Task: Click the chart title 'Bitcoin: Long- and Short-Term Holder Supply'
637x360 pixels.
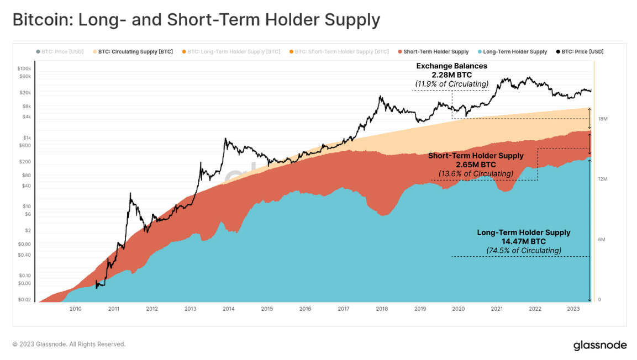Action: tap(196, 20)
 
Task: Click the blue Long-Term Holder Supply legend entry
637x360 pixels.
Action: tap(514, 52)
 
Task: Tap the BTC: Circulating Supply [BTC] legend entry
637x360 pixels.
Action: tap(135, 52)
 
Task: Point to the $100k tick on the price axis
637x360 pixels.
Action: tap(24, 68)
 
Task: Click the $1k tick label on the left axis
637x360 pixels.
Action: tap(27, 137)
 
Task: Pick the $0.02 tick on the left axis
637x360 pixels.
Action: tap(24, 300)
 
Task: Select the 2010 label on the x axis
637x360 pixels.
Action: tap(75, 309)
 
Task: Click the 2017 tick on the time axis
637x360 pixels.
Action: tap(343, 309)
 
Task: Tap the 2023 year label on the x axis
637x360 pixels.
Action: tap(573, 309)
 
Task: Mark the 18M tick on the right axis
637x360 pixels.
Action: tap(603, 119)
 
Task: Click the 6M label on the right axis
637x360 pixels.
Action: tap(602, 240)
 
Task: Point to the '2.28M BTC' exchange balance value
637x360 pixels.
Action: tap(451, 75)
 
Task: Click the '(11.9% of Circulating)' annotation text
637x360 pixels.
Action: tap(451, 84)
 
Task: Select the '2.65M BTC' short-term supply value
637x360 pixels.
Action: tap(476, 165)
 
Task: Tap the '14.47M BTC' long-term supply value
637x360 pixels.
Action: tap(523, 241)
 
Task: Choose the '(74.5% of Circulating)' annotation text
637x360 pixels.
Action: tap(523, 251)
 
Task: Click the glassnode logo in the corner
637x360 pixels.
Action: tap(599, 346)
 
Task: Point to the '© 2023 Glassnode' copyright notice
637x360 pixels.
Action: tap(69, 344)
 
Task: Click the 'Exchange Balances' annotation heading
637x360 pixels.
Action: tap(451, 66)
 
